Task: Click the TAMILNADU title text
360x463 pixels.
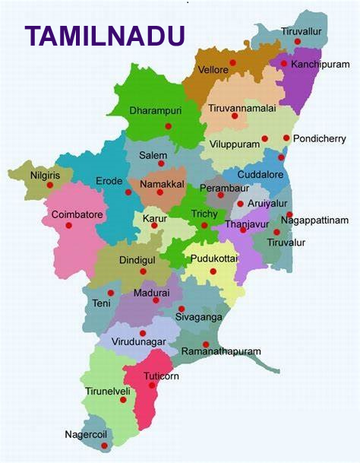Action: [x=105, y=36]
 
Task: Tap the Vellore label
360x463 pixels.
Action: [x=213, y=70]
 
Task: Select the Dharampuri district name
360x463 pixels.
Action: [x=155, y=110]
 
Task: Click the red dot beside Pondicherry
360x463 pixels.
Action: [x=286, y=138]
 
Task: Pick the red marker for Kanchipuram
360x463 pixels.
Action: [x=284, y=64]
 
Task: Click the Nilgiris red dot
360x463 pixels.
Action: [x=50, y=185]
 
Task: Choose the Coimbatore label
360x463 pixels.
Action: [x=77, y=214]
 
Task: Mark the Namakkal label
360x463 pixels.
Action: [x=159, y=182]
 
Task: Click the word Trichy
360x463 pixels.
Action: [x=204, y=214]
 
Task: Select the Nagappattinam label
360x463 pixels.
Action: [x=314, y=220]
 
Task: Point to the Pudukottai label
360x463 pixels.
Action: [x=214, y=258]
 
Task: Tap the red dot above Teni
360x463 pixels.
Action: [x=111, y=293]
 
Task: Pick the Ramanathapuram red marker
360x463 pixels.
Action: [x=206, y=344]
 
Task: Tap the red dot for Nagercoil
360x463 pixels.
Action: [x=104, y=446]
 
